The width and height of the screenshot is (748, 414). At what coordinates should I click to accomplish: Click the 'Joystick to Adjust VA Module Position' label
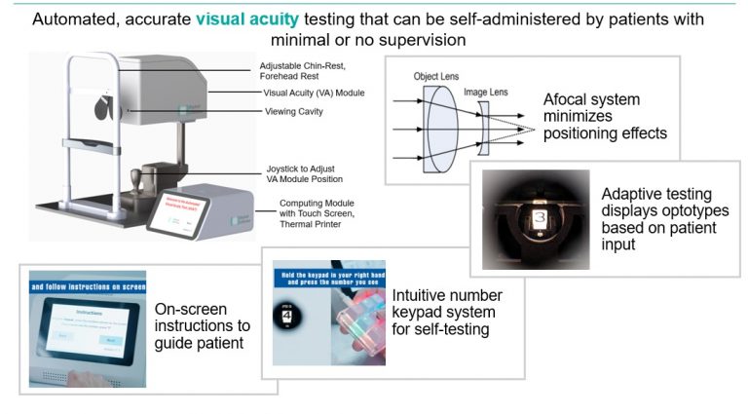(x=306, y=173)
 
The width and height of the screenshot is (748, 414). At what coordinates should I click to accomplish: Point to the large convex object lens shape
(x=443, y=127)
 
